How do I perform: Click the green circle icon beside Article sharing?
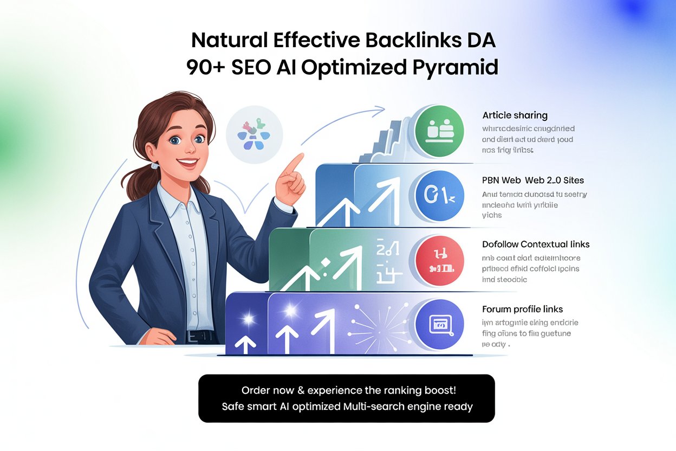click(x=439, y=130)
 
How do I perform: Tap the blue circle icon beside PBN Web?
click(x=439, y=195)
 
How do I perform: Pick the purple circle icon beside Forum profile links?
click(x=439, y=324)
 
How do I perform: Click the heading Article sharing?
click(x=515, y=115)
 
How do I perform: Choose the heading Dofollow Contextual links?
click(x=536, y=244)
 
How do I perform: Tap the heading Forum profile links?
click(x=522, y=309)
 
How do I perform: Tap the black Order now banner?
click(x=347, y=398)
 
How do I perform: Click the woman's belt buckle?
click(x=193, y=336)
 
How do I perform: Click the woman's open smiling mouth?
click(x=188, y=161)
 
